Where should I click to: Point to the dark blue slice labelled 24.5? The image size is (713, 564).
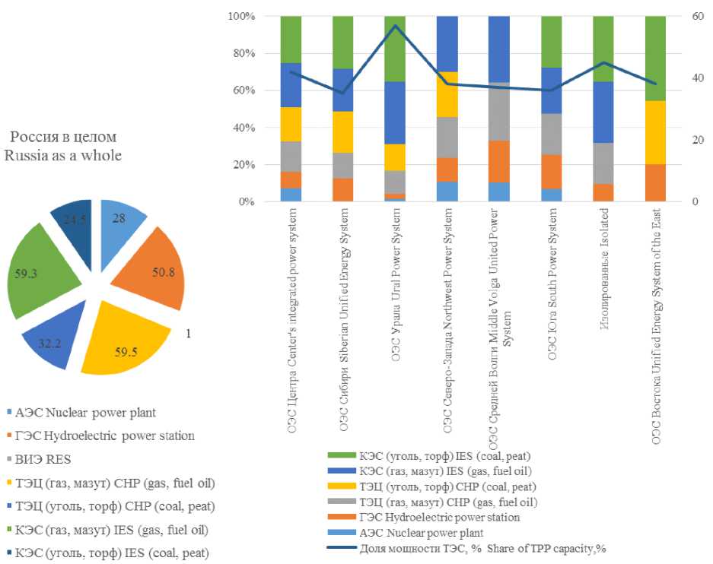pos(72,220)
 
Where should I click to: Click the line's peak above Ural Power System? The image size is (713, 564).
pos(395,26)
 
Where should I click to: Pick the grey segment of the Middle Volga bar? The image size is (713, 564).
pos(498,112)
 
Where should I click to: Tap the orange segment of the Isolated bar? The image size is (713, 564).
pos(603,192)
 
